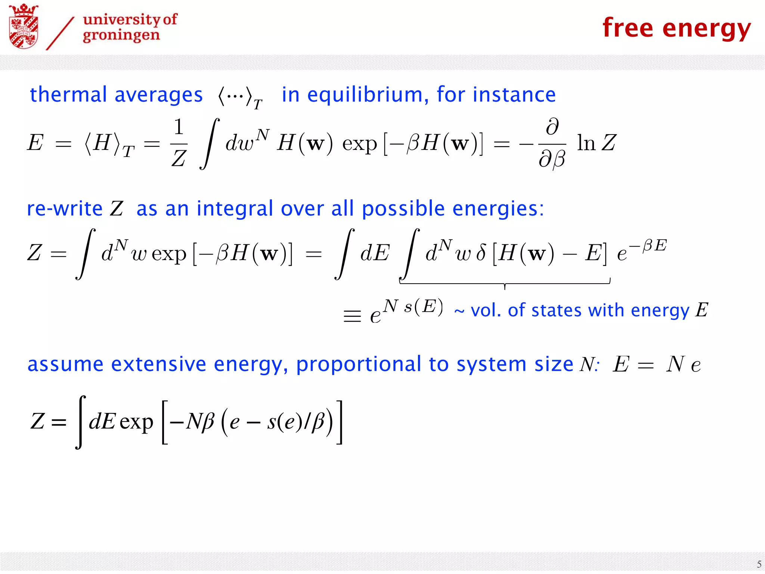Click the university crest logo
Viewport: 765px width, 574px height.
[x=24, y=27]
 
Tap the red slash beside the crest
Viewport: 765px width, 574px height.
[x=60, y=34]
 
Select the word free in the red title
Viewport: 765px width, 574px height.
[x=628, y=28]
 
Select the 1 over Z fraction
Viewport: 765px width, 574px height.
[x=179, y=143]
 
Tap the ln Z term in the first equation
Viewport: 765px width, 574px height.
[x=596, y=143]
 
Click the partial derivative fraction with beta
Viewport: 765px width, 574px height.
[x=552, y=143]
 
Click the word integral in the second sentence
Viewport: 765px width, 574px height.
[x=235, y=209]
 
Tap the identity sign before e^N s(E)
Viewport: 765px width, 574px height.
[x=352, y=316]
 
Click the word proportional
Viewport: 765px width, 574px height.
[x=358, y=365]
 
